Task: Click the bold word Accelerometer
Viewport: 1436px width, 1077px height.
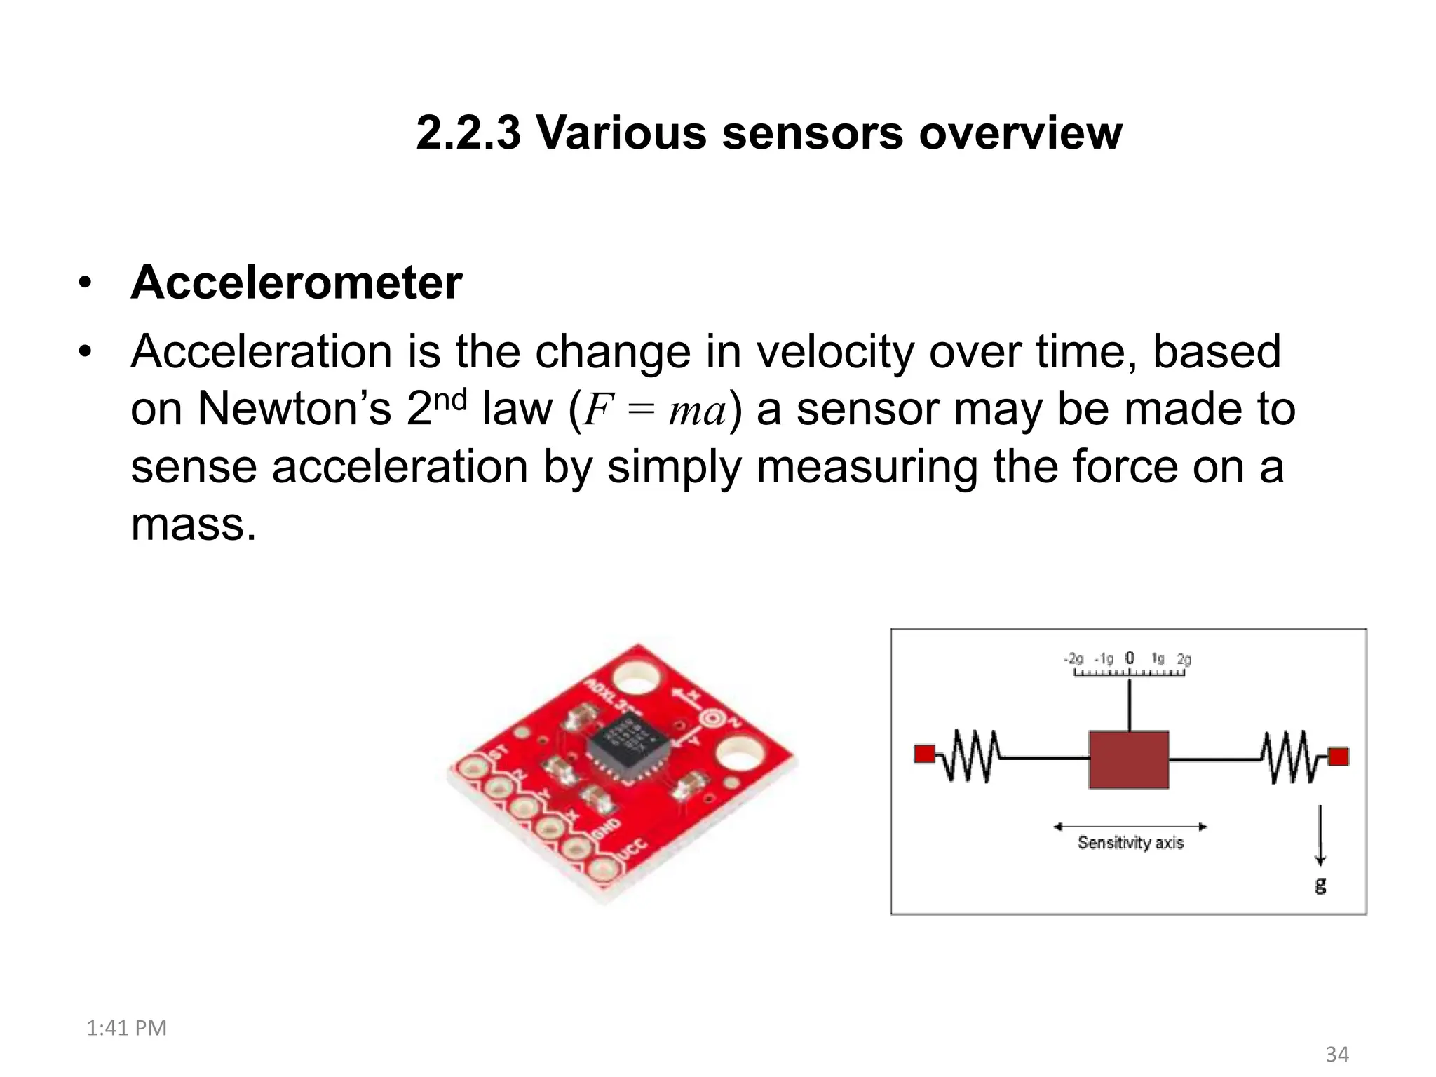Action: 296,283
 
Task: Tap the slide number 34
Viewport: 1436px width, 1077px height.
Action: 1336,1054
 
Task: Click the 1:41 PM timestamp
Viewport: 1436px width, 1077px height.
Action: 126,1028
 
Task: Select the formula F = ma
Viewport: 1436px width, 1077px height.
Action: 655,410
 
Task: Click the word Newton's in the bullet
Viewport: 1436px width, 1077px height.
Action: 294,409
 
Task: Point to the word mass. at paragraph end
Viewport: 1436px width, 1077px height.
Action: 194,524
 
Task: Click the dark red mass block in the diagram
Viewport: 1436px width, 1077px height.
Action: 1128,760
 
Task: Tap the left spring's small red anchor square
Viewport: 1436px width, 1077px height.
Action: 925,754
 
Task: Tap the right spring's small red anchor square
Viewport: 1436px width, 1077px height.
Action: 1338,757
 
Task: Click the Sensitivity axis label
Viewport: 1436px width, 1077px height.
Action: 1130,842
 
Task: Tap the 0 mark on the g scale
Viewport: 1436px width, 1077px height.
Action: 1129,658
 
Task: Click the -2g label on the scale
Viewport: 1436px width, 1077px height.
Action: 1073,658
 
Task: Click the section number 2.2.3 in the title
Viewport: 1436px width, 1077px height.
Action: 468,133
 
